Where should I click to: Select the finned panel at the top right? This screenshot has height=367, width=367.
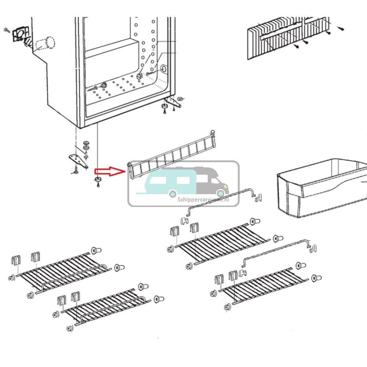click(286, 37)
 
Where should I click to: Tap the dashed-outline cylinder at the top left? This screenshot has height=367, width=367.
click(45, 43)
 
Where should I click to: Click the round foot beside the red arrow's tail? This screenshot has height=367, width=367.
click(98, 179)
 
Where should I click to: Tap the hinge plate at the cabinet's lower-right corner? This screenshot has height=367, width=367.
click(172, 101)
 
